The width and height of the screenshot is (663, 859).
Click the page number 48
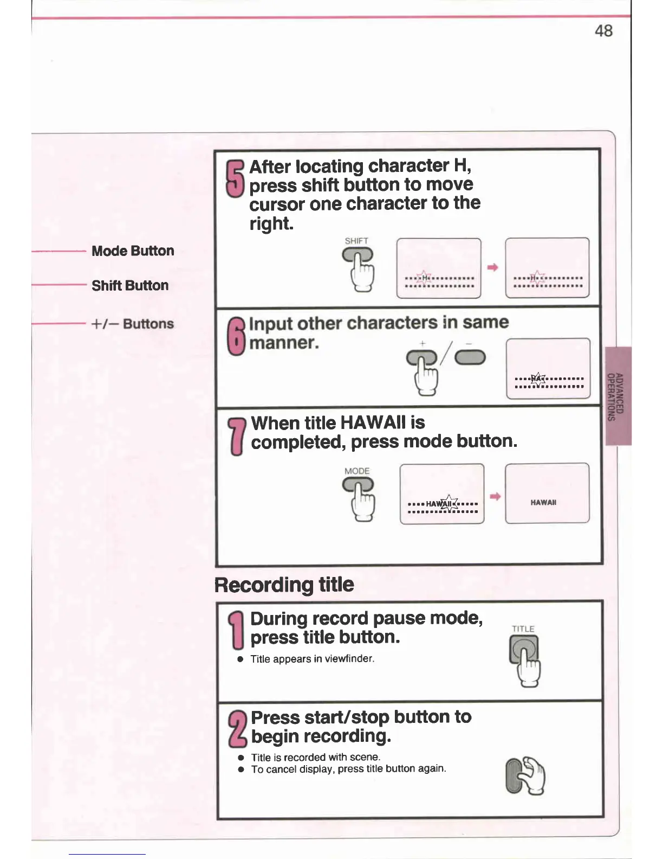click(x=603, y=31)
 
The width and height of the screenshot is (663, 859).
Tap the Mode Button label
click(x=133, y=251)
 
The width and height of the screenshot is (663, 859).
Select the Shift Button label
click(x=130, y=286)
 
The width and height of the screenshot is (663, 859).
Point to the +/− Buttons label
click(x=133, y=324)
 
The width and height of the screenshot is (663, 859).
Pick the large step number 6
click(x=235, y=337)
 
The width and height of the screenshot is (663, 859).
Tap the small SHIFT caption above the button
click(x=356, y=241)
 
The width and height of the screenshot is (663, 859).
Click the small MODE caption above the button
click(x=357, y=471)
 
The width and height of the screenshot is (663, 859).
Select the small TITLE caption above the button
click(x=523, y=629)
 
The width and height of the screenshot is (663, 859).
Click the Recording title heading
click(x=284, y=585)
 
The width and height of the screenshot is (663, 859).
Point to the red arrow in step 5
click(x=492, y=267)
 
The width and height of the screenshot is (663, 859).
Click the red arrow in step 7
click(x=495, y=496)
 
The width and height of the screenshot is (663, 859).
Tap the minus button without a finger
click(x=470, y=357)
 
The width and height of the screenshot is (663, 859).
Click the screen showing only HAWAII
click(x=547, y=493)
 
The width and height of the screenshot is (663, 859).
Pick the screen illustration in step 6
click(x=548, y=369)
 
